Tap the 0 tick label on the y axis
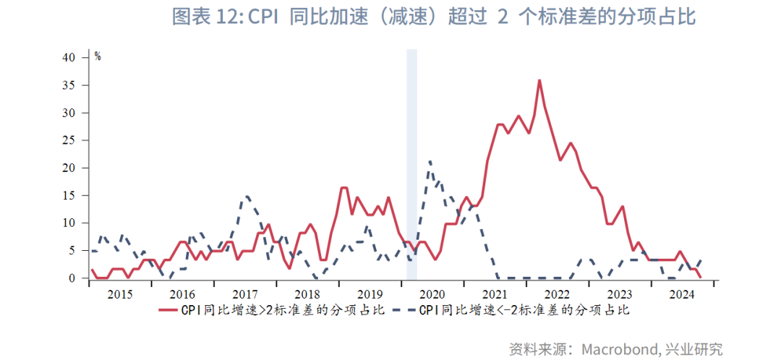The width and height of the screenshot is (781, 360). (72, 278)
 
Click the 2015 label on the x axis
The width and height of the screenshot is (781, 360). (119, 295)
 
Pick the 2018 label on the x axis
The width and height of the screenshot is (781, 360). (307, 295)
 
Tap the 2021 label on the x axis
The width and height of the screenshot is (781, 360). (495, 295)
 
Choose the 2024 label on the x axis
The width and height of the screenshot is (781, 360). (682, 295)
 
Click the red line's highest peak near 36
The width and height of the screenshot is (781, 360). (539, 80)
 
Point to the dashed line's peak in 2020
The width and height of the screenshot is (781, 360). (430, 161)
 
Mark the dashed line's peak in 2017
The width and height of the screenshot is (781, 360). (247, 196)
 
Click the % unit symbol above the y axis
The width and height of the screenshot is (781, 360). (98, 56)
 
